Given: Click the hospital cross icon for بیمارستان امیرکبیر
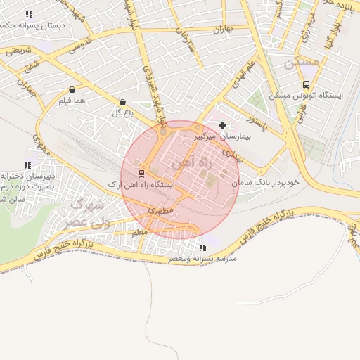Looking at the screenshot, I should pyautogui.click(x=223, y=126).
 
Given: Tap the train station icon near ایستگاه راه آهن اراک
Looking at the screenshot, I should pyautogui.click(x=142, y=173).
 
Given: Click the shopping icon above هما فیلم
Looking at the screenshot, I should pyautogui.click(x=73, y=90).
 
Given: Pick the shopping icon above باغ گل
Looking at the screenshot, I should pyautogui.click(x=123, y=102).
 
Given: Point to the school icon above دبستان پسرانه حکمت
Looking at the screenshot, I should pyautogui.click(x=29, y=14).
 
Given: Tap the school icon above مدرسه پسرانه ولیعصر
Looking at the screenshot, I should pyautogui.click(x=202, y=247).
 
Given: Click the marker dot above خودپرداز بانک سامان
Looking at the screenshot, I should pyautogui.click(x=261, y=172).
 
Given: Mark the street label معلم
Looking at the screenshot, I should pyautogui.click(x=139, y=232).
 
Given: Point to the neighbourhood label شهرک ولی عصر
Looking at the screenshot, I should pyautogui.click(x=89, y=213).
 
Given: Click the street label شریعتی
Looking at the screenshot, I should pyautogui.click(x=18, y=50).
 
